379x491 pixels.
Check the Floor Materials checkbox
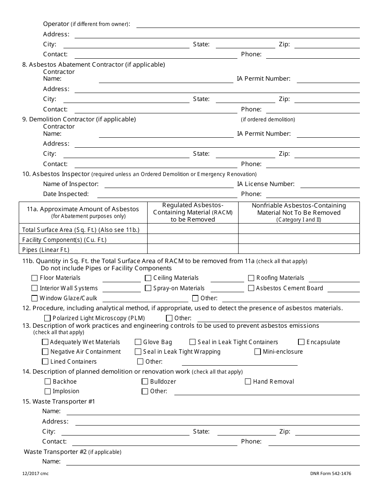(35, 278)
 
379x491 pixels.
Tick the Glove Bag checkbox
(138, 342)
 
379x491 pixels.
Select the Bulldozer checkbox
(145, 382)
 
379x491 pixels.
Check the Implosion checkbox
(48, 392)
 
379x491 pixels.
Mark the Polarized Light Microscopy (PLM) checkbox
(47, 318)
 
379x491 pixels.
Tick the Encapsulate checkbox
(302, 342)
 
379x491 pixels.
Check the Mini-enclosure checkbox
(258, 352)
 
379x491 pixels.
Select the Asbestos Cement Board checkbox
(251, 288)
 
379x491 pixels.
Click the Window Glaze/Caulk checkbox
(35, 298)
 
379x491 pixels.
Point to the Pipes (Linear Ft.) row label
(46, 250)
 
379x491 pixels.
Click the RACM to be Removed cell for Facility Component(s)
(193, 239)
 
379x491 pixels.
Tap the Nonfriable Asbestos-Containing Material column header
(299, 212)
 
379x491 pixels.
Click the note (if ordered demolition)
(268, 119)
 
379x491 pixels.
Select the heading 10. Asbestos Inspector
(56, 174)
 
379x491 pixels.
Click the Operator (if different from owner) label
(86, 24)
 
